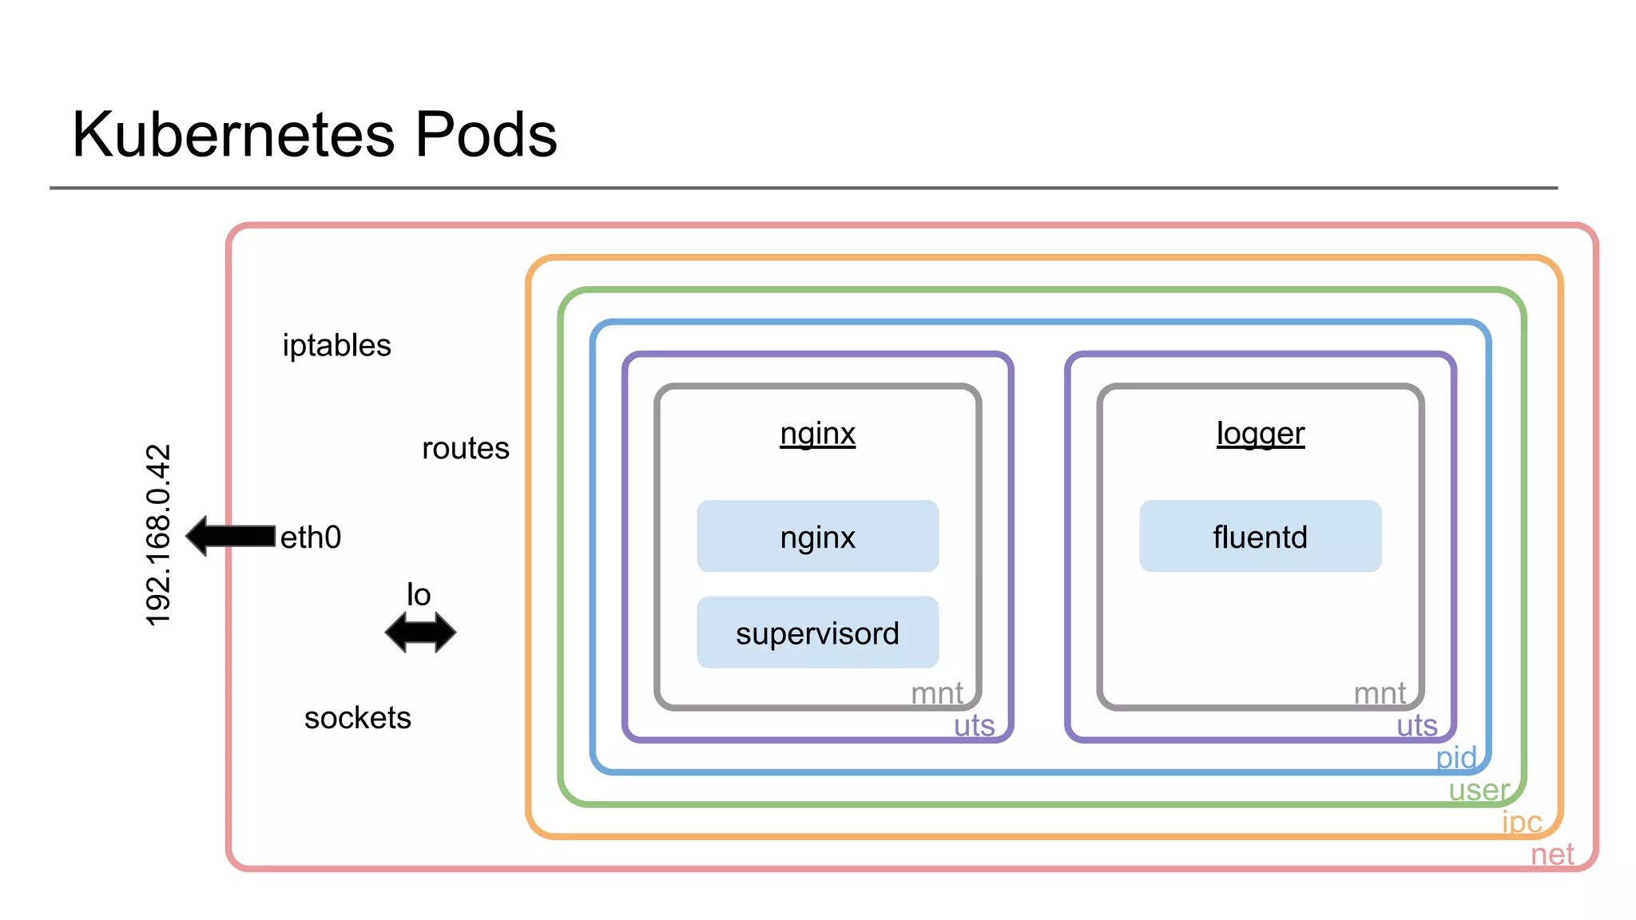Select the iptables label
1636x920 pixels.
336,346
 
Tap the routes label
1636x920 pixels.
465,449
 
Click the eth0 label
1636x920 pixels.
311,537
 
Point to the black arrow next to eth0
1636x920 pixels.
231,536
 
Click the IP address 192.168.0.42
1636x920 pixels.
158,535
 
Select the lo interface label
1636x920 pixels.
419,595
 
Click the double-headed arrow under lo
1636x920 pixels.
420,632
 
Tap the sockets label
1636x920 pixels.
357,718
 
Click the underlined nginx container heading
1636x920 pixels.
817,434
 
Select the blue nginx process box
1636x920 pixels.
817,537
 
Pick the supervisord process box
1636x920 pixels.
817,632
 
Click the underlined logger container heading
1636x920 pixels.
1260,434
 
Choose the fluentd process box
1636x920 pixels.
1260,537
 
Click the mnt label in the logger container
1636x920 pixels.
1380,693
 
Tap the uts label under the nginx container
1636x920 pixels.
974,726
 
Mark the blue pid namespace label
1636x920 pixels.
1455,757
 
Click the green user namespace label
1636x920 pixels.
1479,790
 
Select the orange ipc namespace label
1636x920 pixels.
1522,822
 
